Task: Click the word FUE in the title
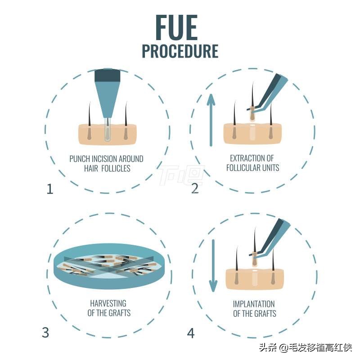tap(176, 27)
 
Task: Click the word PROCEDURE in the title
tap(180, 51)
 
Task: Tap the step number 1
tap(50, 189)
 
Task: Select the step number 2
tap(195, 188)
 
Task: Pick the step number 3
tap(45, 333)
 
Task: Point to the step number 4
tap(191, 333)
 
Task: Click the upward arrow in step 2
tap(211, 120)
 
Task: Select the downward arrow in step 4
tap(213, 265)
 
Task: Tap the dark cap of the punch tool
tap(108, 75)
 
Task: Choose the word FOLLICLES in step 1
tap(116, 168)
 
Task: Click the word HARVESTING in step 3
tap(108, 303)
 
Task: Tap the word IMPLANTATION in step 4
tap(254, 304)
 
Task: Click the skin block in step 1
tap(108, 135)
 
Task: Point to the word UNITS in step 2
tap(271, 168)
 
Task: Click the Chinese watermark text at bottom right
tap(306, 347)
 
